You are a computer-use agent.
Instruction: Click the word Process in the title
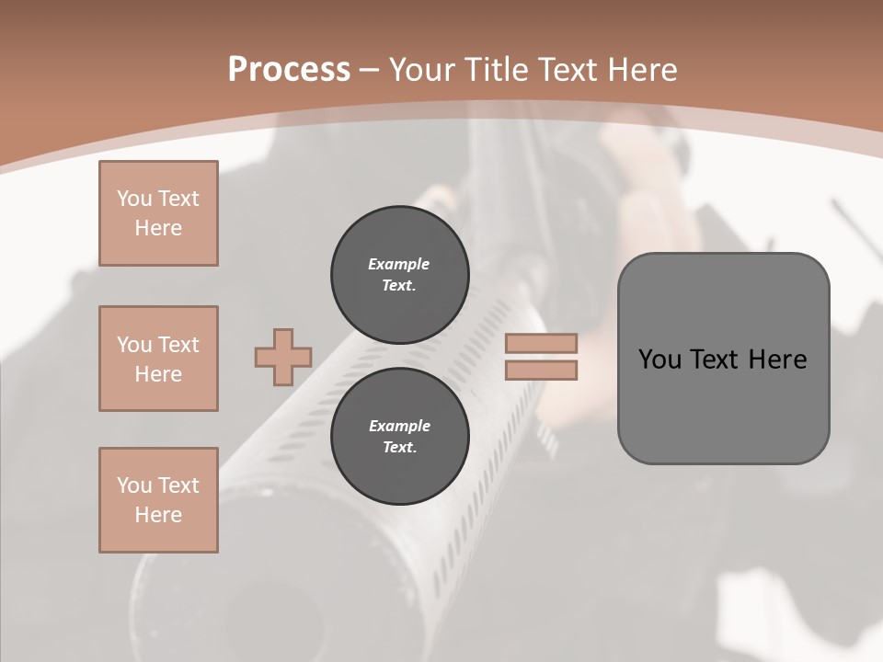(x=289, y=70)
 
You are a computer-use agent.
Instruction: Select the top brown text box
(x=158, y=213)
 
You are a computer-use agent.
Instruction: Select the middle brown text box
(x=158, y=359)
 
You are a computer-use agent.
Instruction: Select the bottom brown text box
(x=158, y=500)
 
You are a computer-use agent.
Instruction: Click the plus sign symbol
(x=283, y=357)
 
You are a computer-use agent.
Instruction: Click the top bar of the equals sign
(x=541, y=343)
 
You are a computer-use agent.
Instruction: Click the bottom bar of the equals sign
(x=541, y=371)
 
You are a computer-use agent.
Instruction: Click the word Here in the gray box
(x=777, y=360)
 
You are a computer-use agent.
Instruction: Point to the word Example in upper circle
(x=399, y=264)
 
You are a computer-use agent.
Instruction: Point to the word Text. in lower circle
(x=399, y=448)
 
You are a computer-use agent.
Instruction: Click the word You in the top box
(x=133, y=199)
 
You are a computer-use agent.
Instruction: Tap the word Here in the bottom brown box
(x=158, y=515)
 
